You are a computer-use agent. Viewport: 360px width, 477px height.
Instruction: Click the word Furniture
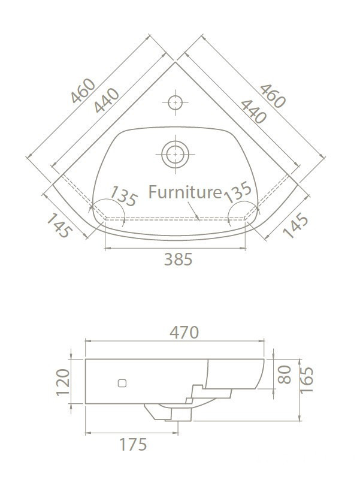click(185, 192)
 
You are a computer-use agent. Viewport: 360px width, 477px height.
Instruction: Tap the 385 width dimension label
click(178, 259)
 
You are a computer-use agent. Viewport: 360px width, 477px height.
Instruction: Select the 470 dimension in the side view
click(184, 332)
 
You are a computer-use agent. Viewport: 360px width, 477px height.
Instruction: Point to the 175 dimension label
click(133, 445)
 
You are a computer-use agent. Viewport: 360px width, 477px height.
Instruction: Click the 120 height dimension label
click(63, 382)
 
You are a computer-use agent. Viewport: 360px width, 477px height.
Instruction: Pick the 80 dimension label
click(285, 375)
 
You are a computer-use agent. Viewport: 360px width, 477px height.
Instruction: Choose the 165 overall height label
click(307, 381)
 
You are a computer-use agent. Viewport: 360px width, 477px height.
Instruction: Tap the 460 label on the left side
click(83, 90)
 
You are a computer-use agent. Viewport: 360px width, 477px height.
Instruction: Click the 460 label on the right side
click(273, 96)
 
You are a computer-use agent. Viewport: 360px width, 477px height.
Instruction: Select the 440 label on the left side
click(107, 100)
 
